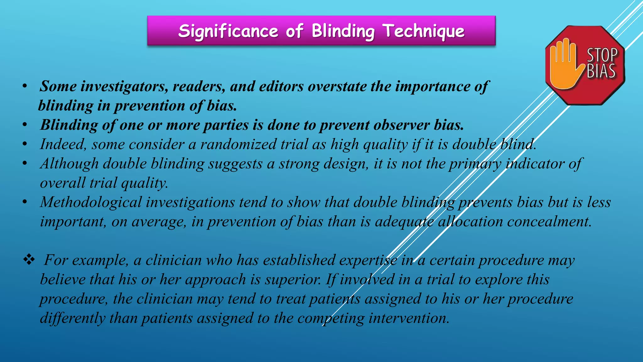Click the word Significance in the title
(x=228, y=31)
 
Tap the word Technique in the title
(x=424, y=31)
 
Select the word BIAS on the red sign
(x=601, y=71)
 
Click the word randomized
(x=238, y=144)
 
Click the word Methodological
(x=91, y=202)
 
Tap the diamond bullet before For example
(x=29, y=260)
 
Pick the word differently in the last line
(x=73, y=318)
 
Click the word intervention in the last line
(x=409, y=318)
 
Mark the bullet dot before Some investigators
(x=25, y=86)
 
